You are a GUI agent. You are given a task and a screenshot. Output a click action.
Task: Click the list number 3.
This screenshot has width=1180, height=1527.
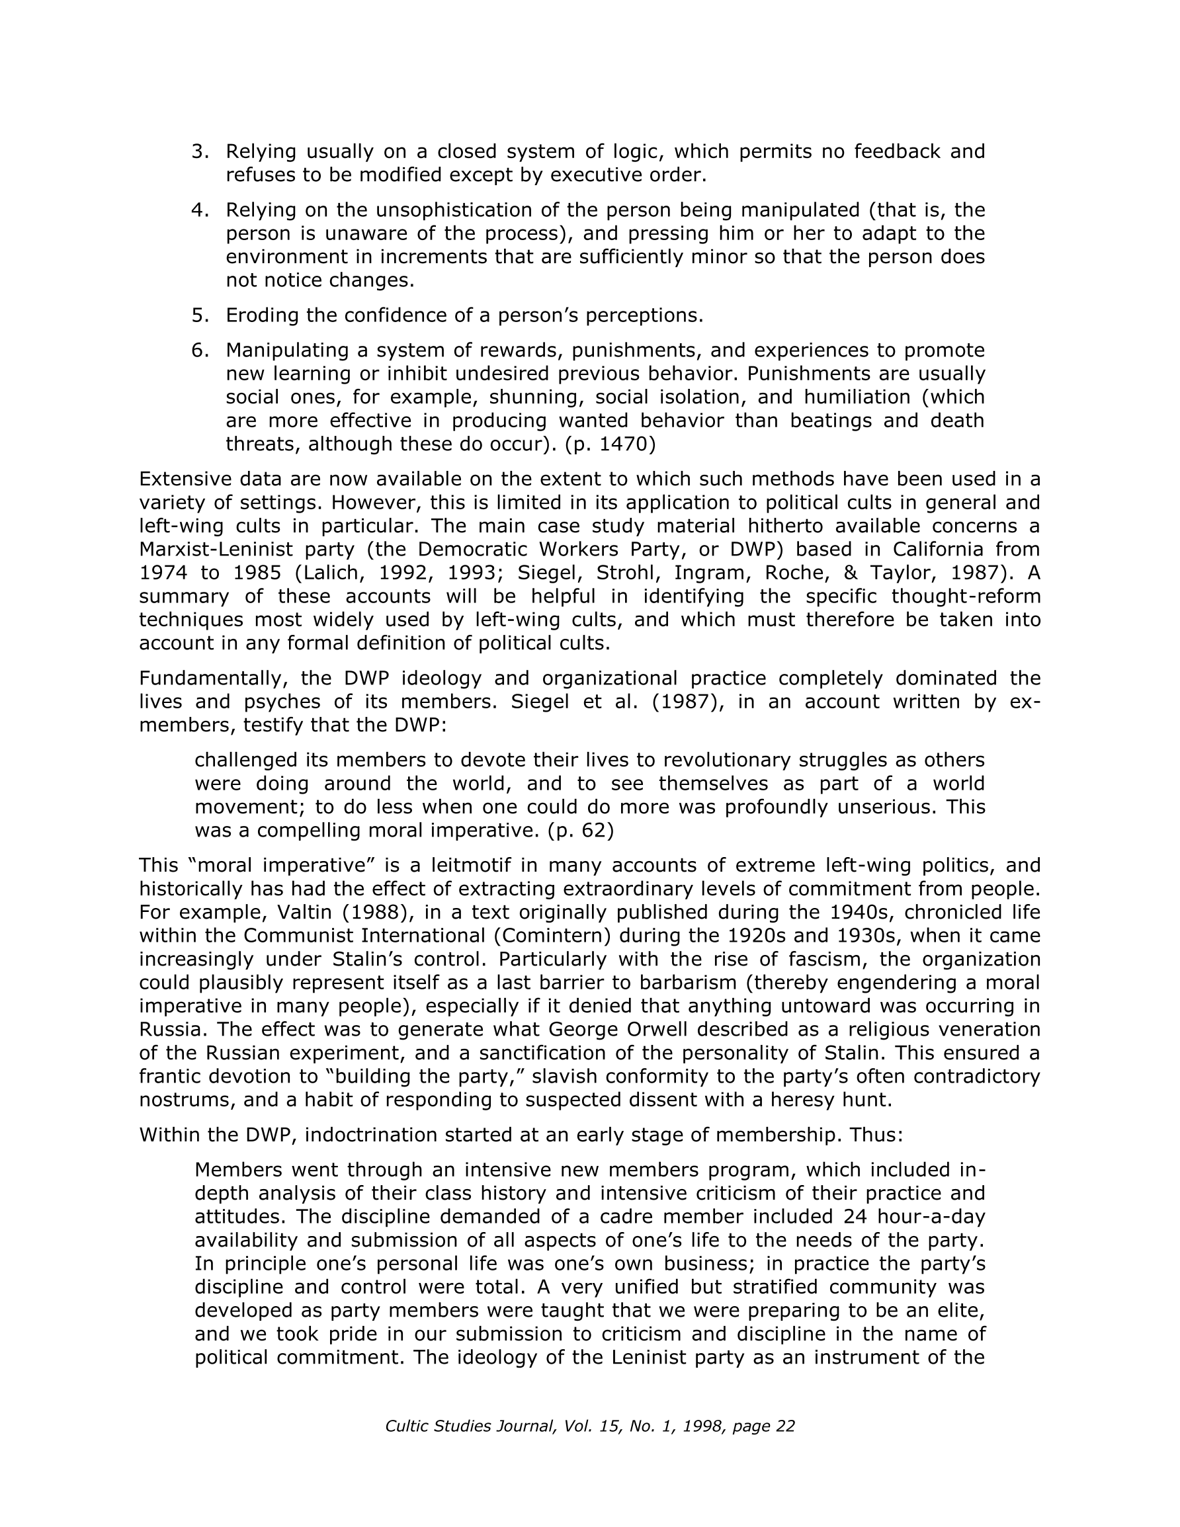point(199,151)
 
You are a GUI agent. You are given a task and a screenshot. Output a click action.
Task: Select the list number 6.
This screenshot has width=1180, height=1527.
point(199,351)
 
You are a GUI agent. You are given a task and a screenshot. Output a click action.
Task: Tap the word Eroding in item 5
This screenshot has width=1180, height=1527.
point(263,316)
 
